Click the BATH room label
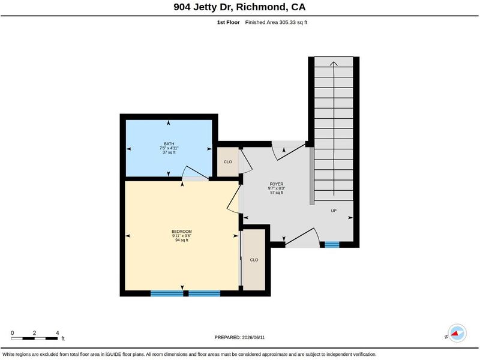169,144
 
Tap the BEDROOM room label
182,232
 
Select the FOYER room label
277,184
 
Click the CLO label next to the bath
228,162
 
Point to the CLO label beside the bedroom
254,260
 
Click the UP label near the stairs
334,211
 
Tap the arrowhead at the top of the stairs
334,63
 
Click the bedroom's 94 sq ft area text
182,240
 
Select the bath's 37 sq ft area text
169,152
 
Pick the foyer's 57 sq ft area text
277,193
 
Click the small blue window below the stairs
332,245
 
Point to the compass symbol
457,334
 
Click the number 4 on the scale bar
57,333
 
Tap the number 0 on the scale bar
12,333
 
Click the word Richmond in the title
261,7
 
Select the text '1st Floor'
229,22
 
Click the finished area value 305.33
287,22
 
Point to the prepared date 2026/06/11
253,337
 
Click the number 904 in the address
182,7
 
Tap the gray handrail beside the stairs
311,176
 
